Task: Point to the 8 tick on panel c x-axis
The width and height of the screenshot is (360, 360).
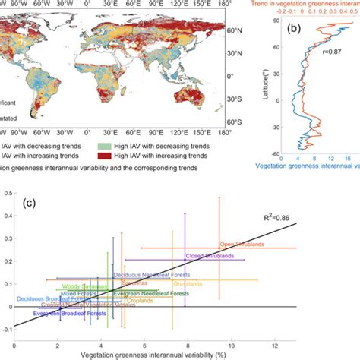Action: [x=186, y=344]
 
